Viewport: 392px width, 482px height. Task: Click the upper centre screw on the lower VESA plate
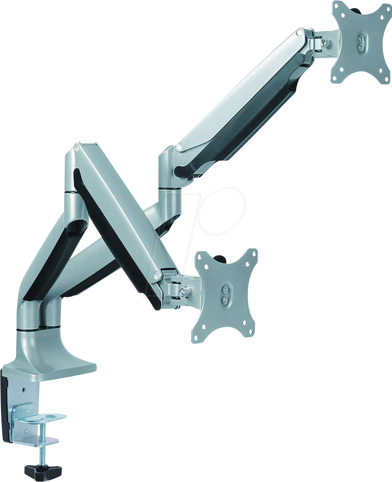pyautogui.click(x=225, y=288)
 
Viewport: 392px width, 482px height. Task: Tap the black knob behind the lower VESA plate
pyautogui.click(x=219, y=256)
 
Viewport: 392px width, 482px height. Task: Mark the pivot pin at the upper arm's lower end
pyautogui.click(x=179, y=148)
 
